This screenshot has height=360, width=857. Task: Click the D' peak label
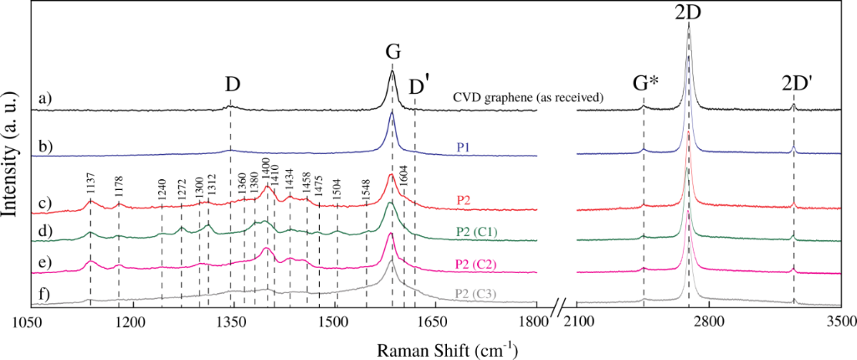tap(418, 86)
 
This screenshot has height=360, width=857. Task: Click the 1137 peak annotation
tap(90, 193)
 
